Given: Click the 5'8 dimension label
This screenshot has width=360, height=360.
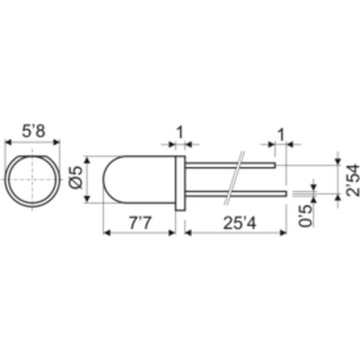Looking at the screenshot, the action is coord(34,132).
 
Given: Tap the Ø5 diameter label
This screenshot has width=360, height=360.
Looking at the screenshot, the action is coord(76,178).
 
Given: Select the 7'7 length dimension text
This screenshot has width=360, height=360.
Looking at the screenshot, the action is coord(140,223).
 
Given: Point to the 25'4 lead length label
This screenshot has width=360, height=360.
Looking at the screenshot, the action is coord(239,223).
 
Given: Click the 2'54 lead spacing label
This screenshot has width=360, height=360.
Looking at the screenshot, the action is coord(352,180).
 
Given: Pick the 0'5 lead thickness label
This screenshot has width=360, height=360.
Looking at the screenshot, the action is coord(306,215).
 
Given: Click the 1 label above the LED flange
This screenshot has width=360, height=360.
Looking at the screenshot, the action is coord(180,133).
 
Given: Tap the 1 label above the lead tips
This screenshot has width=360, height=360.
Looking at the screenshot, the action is coord(281,135).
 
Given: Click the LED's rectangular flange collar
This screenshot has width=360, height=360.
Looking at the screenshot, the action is coord(180,183).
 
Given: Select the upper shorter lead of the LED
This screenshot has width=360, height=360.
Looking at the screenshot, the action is coord(231,165).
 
